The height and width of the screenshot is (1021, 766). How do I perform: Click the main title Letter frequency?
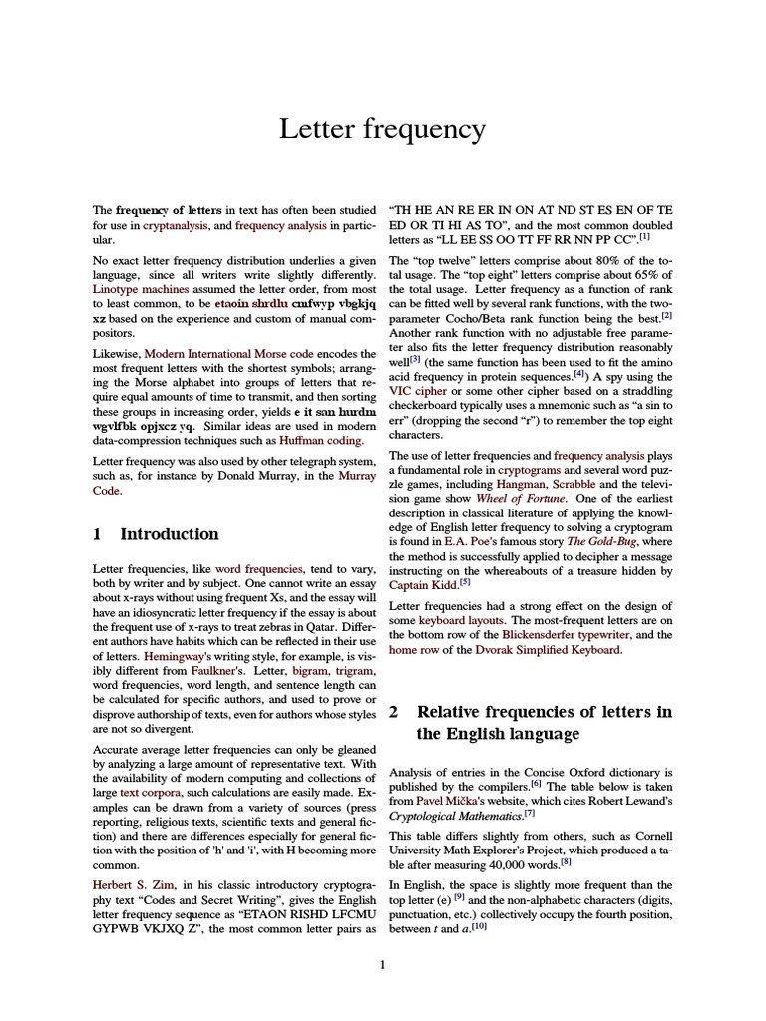coord(383,129)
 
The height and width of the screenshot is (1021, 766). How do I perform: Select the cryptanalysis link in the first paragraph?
coord(175,226)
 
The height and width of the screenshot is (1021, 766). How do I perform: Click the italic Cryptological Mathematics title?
coord(454,816)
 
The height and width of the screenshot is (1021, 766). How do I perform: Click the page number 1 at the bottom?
coord(382,964)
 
